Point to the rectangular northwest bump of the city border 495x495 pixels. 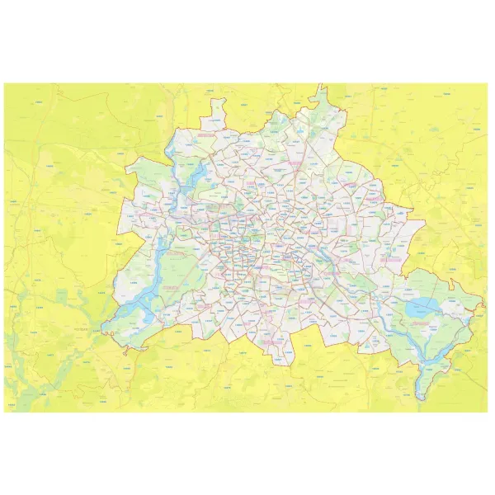coord(219,107)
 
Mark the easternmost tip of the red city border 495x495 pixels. coord(483,307)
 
